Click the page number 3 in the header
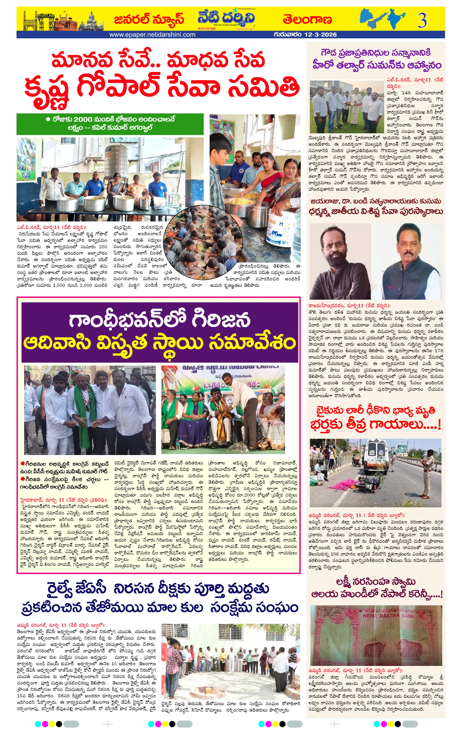pyautogui.click(x=422, y=20)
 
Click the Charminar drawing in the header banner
pyautogui.click(x=31, y=21)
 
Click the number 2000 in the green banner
pyautogui.click(x=82, y=119)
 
